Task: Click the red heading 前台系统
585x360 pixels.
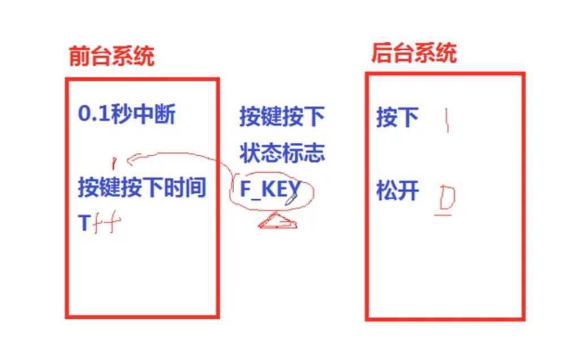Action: coord(111,57)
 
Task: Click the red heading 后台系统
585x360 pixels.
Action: coord(414,53)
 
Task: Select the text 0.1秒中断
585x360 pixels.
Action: coord(127,115)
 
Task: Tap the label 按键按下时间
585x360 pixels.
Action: coord(141,188)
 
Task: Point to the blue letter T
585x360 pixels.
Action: coord(84,224)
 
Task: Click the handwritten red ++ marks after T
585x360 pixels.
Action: coord(106,225)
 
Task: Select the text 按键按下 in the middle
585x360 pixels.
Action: coord(282,117)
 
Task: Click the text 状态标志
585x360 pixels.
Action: coord(282,153)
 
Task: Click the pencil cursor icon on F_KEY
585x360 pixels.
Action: coord(291,198)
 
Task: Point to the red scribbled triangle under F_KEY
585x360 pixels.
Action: coord(277,221)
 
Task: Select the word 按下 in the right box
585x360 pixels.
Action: coord(397,118)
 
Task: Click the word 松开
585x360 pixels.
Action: coord(397,192)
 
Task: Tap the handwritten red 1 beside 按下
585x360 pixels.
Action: coord(447,121)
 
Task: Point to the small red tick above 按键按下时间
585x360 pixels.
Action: coord(114,164)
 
